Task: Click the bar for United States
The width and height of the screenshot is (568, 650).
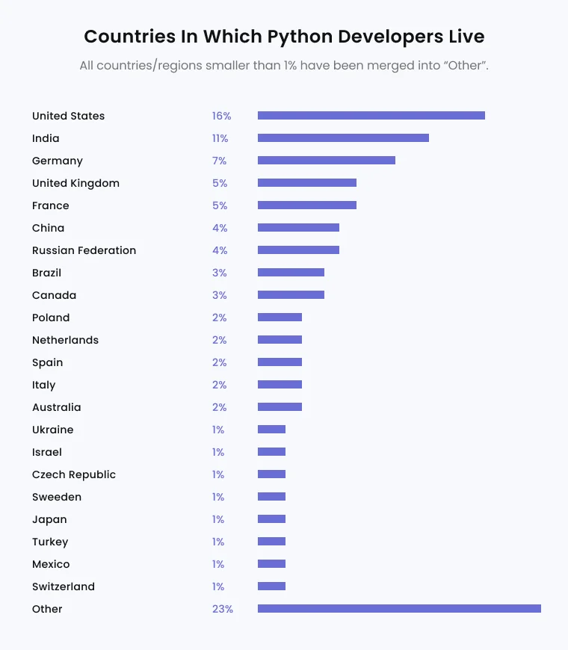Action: (371, 116)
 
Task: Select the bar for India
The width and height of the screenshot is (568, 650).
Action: (343, 138)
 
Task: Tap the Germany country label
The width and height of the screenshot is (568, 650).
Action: (58, 161)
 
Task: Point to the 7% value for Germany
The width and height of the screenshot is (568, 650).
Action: (219, 161)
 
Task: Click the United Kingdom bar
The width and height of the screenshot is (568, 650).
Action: (307, 183)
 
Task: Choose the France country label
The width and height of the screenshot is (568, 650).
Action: (51, 205)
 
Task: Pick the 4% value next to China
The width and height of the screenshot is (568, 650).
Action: (219, 228)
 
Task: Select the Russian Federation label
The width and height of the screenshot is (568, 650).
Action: (84, 250)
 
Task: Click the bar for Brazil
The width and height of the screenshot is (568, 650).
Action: (291, 273)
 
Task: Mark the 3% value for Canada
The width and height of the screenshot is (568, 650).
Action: (219, 295)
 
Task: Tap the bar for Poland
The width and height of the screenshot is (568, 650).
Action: (280, 318)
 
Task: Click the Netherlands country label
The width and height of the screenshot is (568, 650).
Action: (66, 340)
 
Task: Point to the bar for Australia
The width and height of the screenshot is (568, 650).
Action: (280, 407)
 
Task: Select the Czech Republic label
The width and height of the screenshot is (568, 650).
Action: (74, 474)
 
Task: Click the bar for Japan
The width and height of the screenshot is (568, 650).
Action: (271, 519)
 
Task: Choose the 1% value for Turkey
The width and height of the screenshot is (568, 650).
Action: (218, 542)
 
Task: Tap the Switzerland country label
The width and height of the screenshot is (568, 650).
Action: (64, 586)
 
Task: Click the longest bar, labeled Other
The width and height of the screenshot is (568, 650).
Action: (399, 609)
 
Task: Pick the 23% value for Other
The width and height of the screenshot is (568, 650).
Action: (222, 609)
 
